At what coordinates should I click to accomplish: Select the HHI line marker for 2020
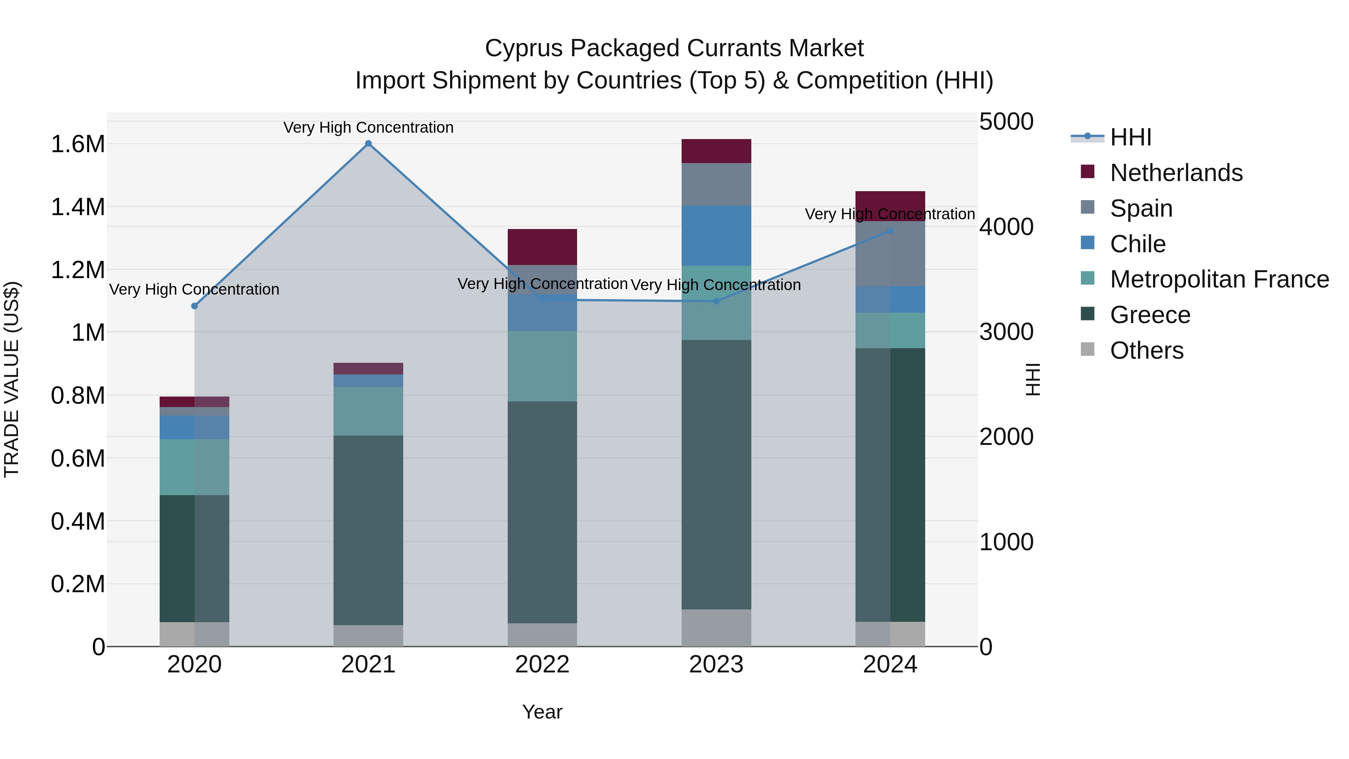pos(194,306)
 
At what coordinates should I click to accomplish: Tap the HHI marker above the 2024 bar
pos(890,231)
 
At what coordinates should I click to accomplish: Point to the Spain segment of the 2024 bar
pos(890,254)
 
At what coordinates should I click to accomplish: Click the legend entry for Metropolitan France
pos(1219,279)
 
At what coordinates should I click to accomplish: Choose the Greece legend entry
pos(1150,315)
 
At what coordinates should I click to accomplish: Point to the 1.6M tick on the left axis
pos(78,144)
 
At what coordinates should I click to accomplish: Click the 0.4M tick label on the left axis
pos(78,521)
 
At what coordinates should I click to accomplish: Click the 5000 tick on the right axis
pos(1006,121)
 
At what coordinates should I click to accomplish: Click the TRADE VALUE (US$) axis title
pos(12,379)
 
